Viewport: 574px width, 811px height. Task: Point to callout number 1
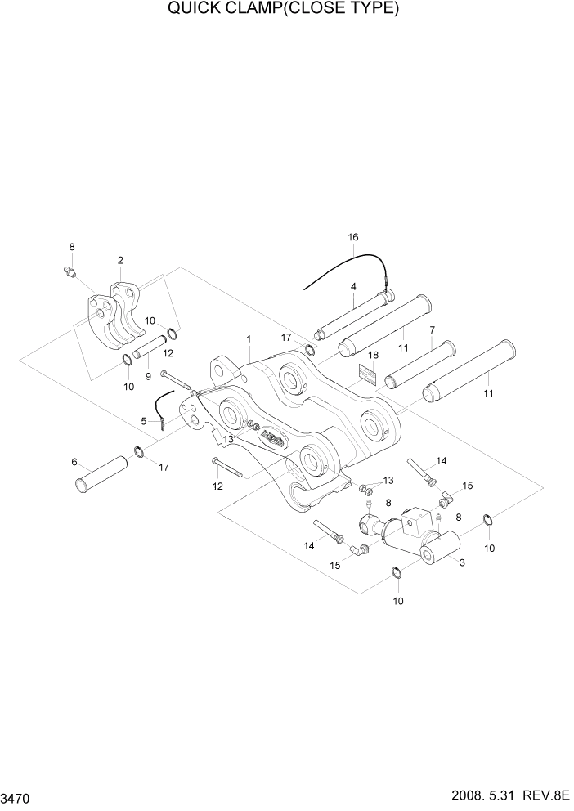click(x=249, y=338)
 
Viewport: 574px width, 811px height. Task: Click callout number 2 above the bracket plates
click(x=120, y=260)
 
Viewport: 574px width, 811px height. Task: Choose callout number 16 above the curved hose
click(x=353, y=237)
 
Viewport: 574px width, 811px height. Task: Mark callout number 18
click(x=373, y=356)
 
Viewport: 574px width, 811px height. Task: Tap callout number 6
click(x=74, y=462)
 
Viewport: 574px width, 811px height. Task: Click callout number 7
click(x=431, y=329)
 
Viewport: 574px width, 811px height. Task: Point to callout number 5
click(x=144, y=421)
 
